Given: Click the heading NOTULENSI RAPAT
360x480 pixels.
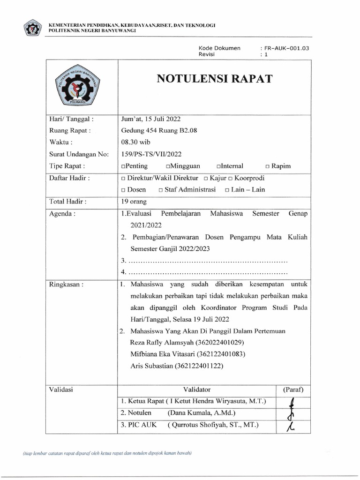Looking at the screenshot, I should click(214, 79).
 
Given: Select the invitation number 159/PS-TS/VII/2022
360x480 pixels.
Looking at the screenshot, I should click(151, 154).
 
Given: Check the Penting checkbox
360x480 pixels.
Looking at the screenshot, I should click(123, 166).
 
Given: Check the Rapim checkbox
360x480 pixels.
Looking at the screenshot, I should click(267, 166).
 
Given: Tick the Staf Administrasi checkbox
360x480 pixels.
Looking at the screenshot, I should click(161, 190).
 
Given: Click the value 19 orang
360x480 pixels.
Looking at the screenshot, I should click(134, 202).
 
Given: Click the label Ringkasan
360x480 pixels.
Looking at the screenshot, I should click(66, 284).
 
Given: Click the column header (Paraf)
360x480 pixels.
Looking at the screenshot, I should click(293, 390).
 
